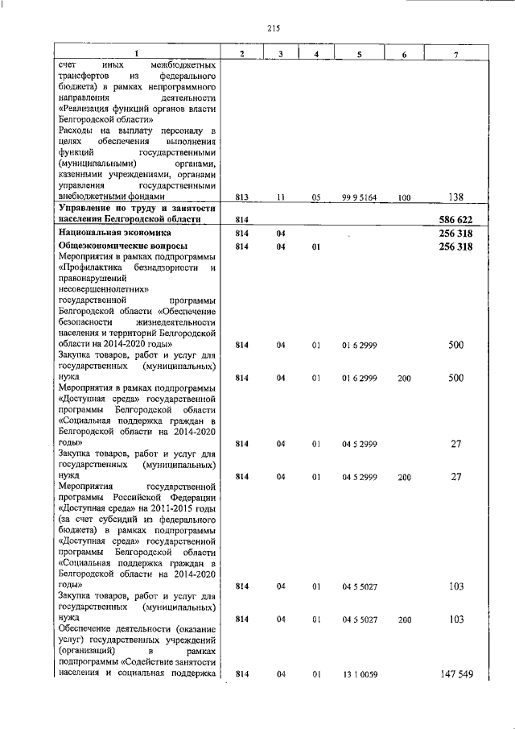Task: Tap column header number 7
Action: pyautogui.click(x=456, y=53)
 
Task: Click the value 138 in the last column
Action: pyautogui.click(x=456, y=196)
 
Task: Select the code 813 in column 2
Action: pyautogui.click(x=242, y=196)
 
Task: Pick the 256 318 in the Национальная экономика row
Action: pyautogui.click(x=451, y=234)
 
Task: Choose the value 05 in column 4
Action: pyautogui.click(x=316, y=196)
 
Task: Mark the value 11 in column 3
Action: pyautogui.click(x=281, y=196)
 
